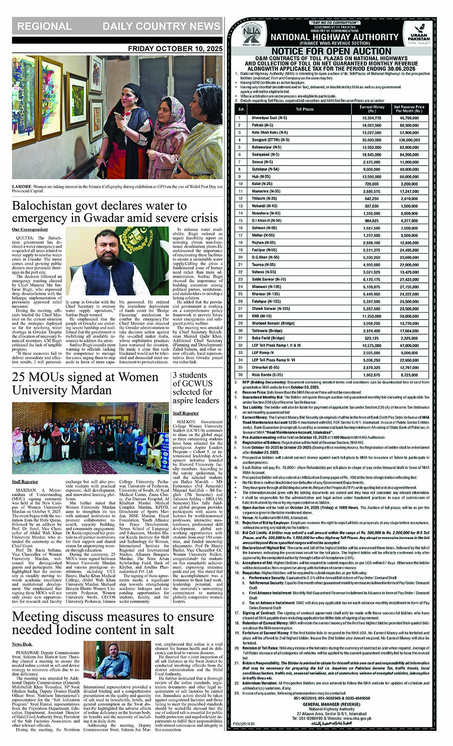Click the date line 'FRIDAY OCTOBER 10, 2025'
pyautogui.click(x=175, y=49)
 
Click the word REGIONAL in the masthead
pyautogui.click(x=44, y=26)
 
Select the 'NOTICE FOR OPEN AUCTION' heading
pyautogui.click(x=331, y=51)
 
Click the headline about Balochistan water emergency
pyautogui.click(x=115, y=212)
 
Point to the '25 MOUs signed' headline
pyautogui.click(x=85, y=384)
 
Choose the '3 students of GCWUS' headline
pyautogui.click(x=196, y=388)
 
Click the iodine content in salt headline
pyautogui.click(x=113, y=623)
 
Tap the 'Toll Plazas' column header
pyautogui.click(x=305, y=109)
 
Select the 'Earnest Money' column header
pyautogui.click(x=371, y=109)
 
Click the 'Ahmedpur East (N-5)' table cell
pyautogui.click(x=269, y=118)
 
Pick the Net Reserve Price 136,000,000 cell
pyautogui.click(x=409, y=140)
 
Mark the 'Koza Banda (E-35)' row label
pyautogui.click(x=266, y=375)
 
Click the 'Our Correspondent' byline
pyautogui.click(x=30, y=230)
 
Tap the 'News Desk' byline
pyautogui.click(x=22, y=644)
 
